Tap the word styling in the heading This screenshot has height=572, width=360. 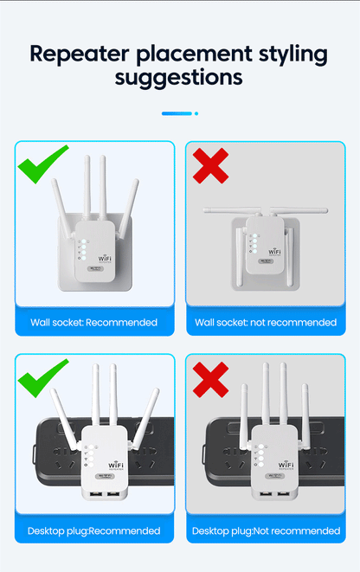tap(286, 54)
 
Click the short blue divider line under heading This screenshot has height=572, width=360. tap(177, 113)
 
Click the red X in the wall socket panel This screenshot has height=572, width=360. tap(212, 164)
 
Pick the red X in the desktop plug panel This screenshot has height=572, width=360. tap(211, 378)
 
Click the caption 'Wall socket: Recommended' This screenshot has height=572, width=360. tap(93, 323)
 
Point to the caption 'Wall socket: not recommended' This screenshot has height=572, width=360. tap(265, 323)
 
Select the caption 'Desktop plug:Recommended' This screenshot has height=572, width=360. tap(93, 530)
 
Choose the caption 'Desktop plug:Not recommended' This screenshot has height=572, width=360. tap(265, 530)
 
